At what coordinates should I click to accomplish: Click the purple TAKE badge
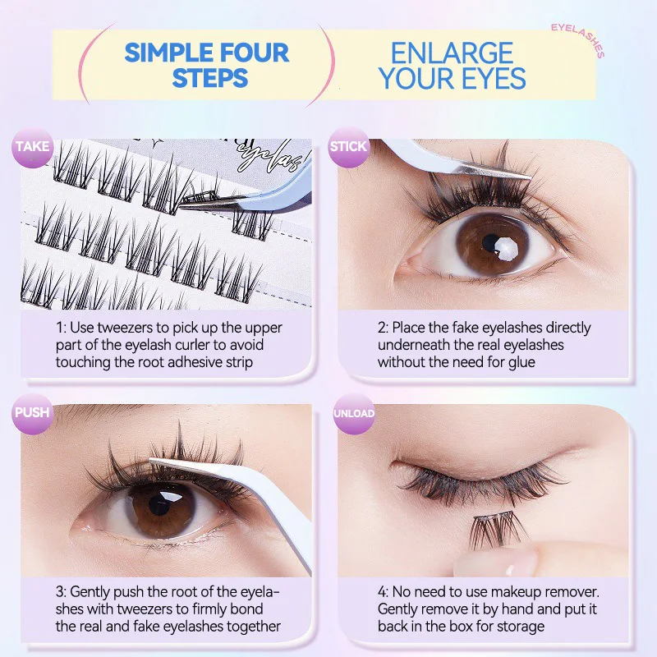(32, 148)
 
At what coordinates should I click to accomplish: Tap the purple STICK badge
(347, 148)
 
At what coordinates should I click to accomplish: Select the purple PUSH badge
(32, 413)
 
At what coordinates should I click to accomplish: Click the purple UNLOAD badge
(354, 413)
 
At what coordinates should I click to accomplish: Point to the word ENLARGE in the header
(453, 53)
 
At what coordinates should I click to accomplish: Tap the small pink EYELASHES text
(577, 39)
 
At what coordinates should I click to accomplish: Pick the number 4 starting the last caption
(383, 592)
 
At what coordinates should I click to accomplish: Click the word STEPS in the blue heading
(210, 79)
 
